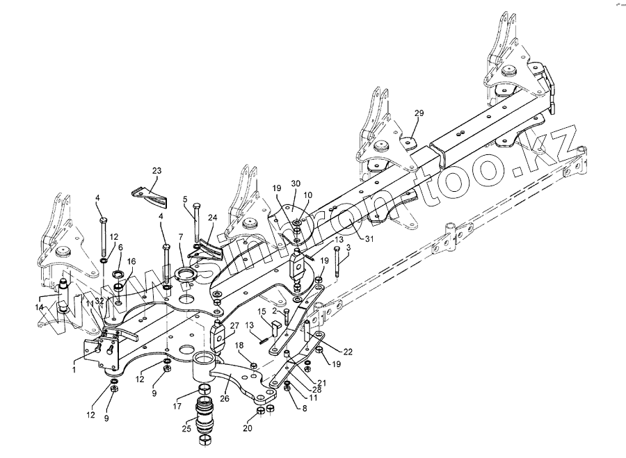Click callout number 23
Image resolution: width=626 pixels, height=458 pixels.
point(156,170)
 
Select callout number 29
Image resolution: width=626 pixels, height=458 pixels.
point(419,113)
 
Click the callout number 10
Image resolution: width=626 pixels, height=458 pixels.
point(307,195)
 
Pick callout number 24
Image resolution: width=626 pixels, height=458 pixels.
point(213,217)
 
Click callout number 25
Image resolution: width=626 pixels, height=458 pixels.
point(186,429)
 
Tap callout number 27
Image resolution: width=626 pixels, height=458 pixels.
point(234,325)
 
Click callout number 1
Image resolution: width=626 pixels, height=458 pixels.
point(75,361)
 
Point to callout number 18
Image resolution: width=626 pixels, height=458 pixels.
point(238,345)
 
